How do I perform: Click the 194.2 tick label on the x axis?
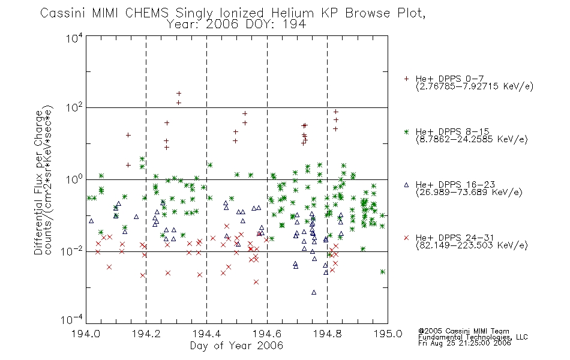coord(146,334)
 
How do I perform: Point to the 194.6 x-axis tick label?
coord(267,334)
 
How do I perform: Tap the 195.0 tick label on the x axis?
coord(388,334)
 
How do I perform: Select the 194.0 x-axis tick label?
coord(86,334)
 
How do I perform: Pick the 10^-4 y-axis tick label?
coord(72,320)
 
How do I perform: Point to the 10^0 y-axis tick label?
coord(74,179)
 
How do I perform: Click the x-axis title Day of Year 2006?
coord(236,346)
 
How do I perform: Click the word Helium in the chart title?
coord(293,13)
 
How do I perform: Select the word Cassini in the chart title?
coord(63,13)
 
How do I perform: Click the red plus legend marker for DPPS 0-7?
coord(406,79)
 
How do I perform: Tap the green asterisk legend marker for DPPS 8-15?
coord(406,131)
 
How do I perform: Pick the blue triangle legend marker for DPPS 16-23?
coord(406,185)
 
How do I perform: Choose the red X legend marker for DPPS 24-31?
coord(406,238)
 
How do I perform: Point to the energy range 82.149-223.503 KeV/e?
coord(472,245)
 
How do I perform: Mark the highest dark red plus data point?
coord(178,94)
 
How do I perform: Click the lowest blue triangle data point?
coord(314,292)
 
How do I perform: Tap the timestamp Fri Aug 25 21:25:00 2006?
coord(464,343)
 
